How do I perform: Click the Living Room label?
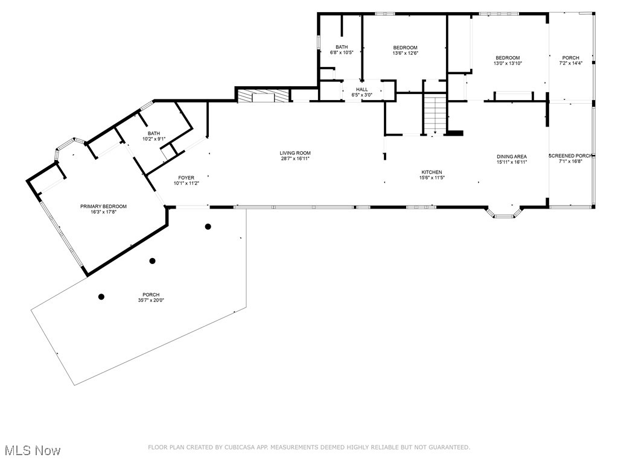[295, 153]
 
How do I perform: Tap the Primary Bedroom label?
[103, 206]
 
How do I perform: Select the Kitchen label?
[432, 172]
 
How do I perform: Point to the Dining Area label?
[512, 156]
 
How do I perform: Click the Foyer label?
[186, 178]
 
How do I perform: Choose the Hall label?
[362, 89]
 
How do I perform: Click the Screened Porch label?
[570, 156]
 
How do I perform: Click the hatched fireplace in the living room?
[247, 96]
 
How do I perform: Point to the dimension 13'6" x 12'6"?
[405, 53]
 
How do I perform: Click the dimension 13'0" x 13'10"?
[508, 63]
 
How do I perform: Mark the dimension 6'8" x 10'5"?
[342, 52]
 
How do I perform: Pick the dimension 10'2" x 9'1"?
[154, 139]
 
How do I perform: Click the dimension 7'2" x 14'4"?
[570, 63]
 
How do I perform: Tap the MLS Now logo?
[32, 450]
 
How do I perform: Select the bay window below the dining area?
[504, 212]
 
